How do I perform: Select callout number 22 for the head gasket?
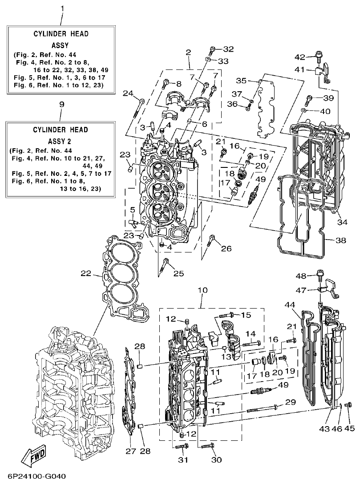[86, 273]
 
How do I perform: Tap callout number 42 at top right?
[301, 57]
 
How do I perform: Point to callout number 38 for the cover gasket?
[340, 240]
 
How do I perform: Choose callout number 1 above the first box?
[62, 8]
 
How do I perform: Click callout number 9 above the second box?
[61, 104]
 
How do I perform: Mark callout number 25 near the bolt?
[178, 273]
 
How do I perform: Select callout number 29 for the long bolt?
[290, 403]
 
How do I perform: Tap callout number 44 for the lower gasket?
[290, 305]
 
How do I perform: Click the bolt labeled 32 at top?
[213, 49]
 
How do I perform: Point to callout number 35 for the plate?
[241, 81]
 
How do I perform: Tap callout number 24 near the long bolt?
[128, 93]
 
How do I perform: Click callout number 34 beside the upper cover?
[342, 222]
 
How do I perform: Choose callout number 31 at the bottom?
[183, 460]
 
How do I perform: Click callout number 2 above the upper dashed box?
[189, 52]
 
